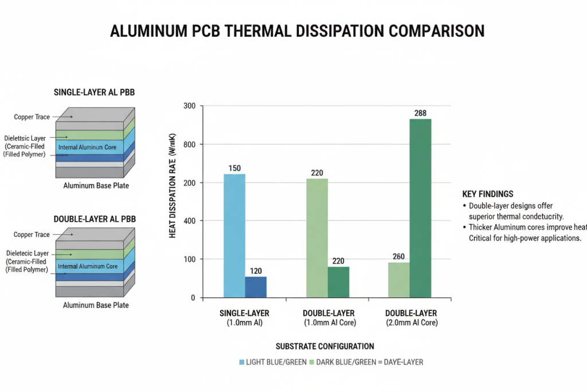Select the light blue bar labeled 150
click(234, 235)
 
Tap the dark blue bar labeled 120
click(256, 287)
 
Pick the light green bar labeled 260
click(398, 280)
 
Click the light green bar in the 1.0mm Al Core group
click(317, 238)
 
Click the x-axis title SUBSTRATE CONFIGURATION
click(324, 346)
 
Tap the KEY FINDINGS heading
click(487, 194)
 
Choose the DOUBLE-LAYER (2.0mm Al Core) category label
click(411, 318)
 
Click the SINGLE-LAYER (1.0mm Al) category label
click(244, 318)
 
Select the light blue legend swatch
click(241, 362)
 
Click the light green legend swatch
click(311, 362)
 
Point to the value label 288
click(420, 113)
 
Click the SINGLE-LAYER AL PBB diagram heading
click(94, 92)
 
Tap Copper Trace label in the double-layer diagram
click(32, 235)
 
